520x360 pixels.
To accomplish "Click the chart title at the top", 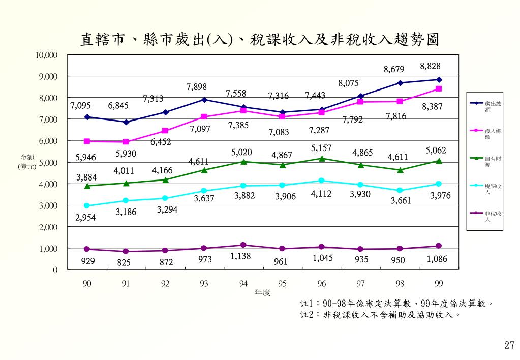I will point(260,39).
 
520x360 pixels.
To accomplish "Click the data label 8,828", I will point(430,66).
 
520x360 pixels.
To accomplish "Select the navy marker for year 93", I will point(204,100).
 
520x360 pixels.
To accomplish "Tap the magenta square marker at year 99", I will point(439,89).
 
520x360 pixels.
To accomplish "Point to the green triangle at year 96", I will point(321,158).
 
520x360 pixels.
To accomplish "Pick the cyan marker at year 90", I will point(87,205).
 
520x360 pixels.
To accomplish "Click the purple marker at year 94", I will point(243,245).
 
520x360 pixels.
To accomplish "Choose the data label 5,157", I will point(321,148).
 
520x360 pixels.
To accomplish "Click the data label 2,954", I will point(85,218).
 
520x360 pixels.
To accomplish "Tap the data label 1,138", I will point(240,256).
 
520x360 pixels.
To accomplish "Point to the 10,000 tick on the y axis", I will point(46,55).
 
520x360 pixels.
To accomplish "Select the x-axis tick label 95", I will point(282,283).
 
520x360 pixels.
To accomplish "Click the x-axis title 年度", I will point(263,293).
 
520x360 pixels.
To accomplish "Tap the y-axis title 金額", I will point(27,157).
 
